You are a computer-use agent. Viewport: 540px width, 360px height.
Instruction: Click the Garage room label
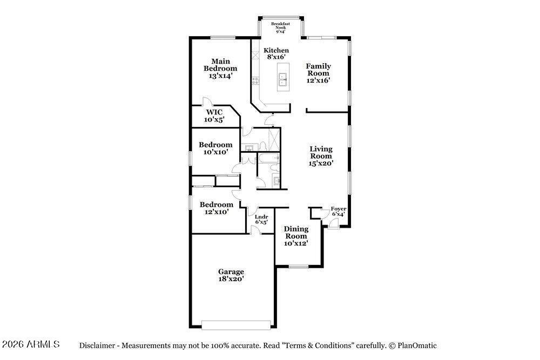pos(231,275)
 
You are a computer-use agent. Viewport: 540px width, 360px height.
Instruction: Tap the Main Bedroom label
pos(220,69)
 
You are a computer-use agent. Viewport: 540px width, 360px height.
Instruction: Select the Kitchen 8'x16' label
pos(276,53)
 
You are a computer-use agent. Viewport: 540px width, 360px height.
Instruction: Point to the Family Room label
pos(319,73)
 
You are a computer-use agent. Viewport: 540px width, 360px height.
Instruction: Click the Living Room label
pos(321,156)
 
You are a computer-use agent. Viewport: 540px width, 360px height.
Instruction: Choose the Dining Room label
pos(296,236)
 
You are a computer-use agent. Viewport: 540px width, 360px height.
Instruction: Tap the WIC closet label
pos(214,116)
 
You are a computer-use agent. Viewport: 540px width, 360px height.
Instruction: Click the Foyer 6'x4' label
pos(339,212)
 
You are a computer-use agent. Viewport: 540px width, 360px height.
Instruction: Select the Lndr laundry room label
pos(261,219)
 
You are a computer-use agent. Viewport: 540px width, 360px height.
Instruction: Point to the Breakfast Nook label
pos(280,28)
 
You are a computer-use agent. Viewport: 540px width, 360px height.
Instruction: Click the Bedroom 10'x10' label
pos(215,148)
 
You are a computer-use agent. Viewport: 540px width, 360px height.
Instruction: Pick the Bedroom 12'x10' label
pos(217,208)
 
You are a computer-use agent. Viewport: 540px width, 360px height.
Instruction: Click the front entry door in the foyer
pos(333,223)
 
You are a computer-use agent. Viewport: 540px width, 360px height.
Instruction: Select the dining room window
pos(299,266)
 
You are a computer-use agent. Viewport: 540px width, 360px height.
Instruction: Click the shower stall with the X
pos(274,139)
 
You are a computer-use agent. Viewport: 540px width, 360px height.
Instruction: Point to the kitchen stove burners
pos(255,81)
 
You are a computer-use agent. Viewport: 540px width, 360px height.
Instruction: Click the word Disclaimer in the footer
pos(97,345)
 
